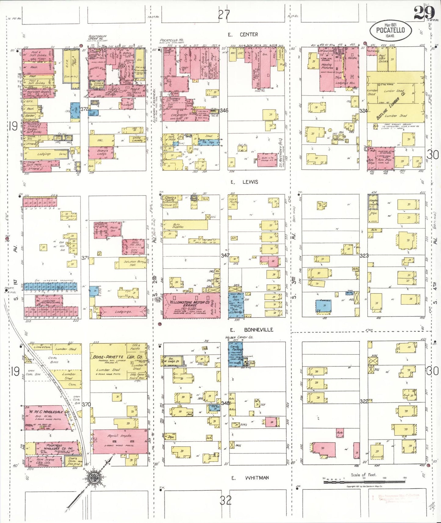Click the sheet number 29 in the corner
pyautogui.click(x=424, y=13)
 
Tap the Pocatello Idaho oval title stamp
pyautogui.click(x=390, y=31)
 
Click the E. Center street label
pyautogui.click(x=243, y=34)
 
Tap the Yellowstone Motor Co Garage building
pyautogui.click(x=192, y=305)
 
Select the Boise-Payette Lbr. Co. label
pyautogui.click(x=118, y=357)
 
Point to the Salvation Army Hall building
pyautogui.click(x=132, y=263)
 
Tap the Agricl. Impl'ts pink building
pyautogui.click(x=120, y=442)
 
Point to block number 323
pyautogui.click(x=364, y=255)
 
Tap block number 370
pyautogui.click(x=86, y=404)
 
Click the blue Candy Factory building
pyautogui.click(x=235, y=354)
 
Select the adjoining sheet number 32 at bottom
pyautogui.click(x=225, y=500)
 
